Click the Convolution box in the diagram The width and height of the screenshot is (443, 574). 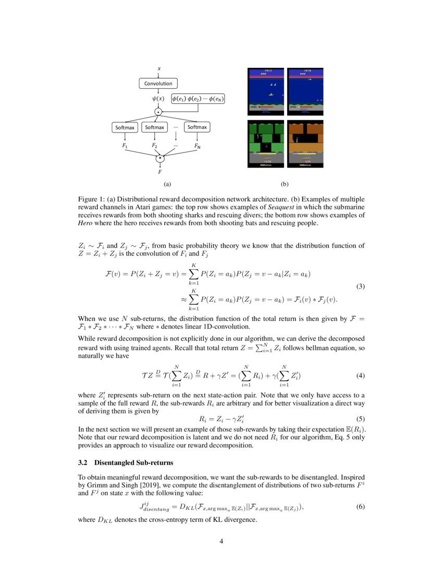(x=158, y=83)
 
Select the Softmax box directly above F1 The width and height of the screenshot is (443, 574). (x=125, y=127)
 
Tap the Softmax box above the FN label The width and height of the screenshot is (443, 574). (x=197, y=127)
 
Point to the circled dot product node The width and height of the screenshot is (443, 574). (x=158, y=111)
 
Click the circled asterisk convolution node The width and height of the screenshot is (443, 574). (x=161, y=157)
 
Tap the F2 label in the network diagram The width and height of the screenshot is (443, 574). (x=155, y=146)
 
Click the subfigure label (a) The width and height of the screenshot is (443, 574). (x=167, y=184)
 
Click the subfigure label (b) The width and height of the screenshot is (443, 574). (x=285, y=184)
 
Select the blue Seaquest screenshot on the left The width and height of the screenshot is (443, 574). (x=266, y=91)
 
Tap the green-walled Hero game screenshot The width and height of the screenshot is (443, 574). (x=266, y=144)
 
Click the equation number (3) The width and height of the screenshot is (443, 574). (x=360, y=286)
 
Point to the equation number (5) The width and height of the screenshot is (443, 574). (x=360, y=418)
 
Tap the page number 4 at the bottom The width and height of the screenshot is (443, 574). (x=221, y=541)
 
